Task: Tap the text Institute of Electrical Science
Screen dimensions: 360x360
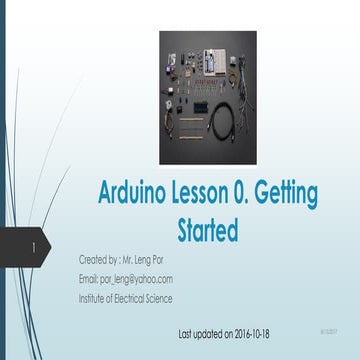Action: (125, 298)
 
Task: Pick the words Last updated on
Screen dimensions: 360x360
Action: (208, 329)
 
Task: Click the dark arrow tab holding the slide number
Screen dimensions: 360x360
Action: (34, 246)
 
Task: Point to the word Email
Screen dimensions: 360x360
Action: (89, 279)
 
